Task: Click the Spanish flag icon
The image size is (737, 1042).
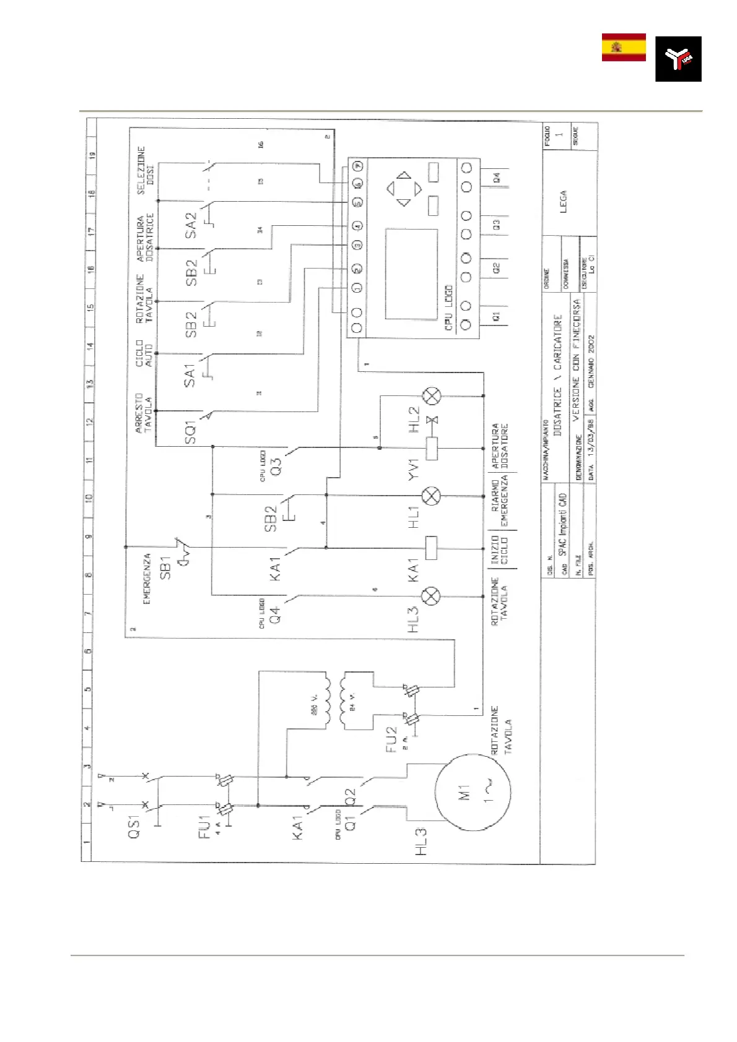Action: pos(624,48)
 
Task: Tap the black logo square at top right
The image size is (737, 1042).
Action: pos(678,59)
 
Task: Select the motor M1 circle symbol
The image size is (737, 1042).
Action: pos(473,792)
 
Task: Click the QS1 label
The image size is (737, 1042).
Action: pos(134,826)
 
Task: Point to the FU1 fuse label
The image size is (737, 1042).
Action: pos(204,827)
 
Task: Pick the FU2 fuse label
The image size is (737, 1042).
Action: pos(391,739)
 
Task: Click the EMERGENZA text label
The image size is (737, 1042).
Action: pos(147,579)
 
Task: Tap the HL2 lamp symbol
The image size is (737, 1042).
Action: pos(431,396)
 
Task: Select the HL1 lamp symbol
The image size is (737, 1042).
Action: pos(431,496)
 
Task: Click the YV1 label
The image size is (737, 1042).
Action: pos(414,469)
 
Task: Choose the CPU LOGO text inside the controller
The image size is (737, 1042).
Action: pos(449,308)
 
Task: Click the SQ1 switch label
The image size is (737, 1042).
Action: pos(190,432)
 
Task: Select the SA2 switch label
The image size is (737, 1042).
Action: pos(191,225)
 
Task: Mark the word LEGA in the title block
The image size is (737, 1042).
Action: pos(563,202)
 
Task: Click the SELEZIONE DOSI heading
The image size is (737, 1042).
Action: pos(146,170)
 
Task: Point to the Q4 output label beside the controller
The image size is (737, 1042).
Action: pos(496,178)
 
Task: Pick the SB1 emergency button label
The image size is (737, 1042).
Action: pos(165,567)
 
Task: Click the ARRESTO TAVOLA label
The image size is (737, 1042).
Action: pos(144,413)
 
